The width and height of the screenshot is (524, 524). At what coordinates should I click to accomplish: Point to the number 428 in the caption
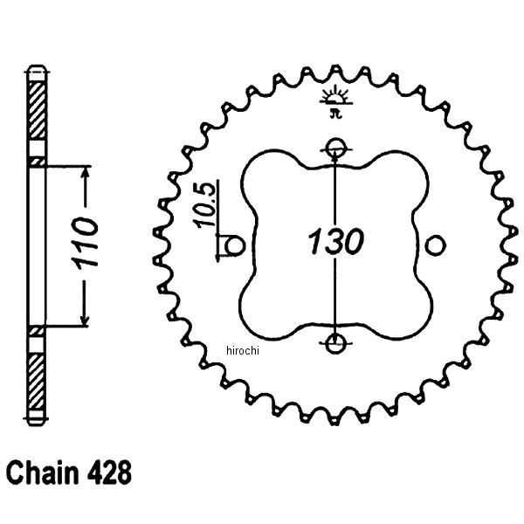pyautogui.click(x=108, y=476)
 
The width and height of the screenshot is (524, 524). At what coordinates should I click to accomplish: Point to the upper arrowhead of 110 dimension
pyautogui.click(x=85, y=173)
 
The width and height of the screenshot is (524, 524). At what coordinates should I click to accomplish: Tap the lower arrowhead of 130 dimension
pyautogui.click(x=334, y=333)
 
